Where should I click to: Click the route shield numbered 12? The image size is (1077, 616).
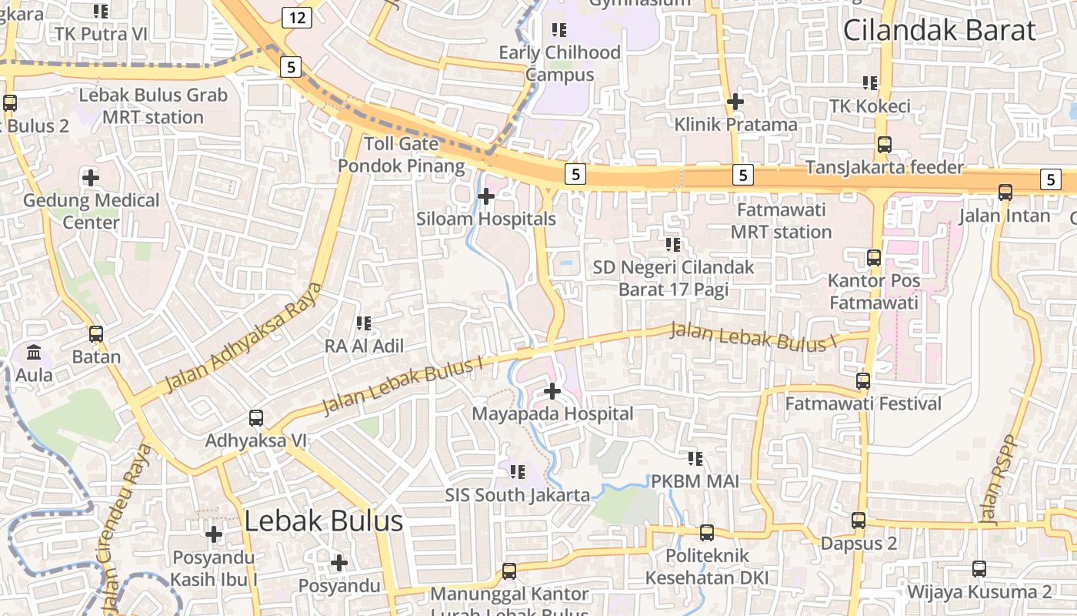tap(296, 18)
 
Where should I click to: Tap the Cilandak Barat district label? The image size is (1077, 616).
tap(939, 31)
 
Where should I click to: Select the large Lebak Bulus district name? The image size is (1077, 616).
tap(323, 521)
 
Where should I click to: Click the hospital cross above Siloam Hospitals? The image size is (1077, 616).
tap(486, 196)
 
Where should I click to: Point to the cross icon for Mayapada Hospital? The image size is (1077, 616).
tap(552, 391)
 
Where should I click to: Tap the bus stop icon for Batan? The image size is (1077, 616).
tap(96, 334)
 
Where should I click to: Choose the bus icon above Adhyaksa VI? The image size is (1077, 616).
tap(256, 418)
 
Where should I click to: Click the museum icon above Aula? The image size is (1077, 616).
tap(35, 353)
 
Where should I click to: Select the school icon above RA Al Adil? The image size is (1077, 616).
tap(364, 323)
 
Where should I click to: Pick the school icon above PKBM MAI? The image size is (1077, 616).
tap(695, 459)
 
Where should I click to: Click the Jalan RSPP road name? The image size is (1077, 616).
tap(999, 481)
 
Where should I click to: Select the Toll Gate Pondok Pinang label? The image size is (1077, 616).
tap(402, 155)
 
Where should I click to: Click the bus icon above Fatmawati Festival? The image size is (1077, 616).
tap(863, 380)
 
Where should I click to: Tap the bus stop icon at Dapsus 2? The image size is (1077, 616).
tap(859, 521)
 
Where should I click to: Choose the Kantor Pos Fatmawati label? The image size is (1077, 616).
tap(874, 292)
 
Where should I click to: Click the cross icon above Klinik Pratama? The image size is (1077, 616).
tap(735, 101)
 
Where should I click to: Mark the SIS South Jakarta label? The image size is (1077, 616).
tap(518, 495)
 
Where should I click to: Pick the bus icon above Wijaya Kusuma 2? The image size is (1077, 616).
tap(979, 569)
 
